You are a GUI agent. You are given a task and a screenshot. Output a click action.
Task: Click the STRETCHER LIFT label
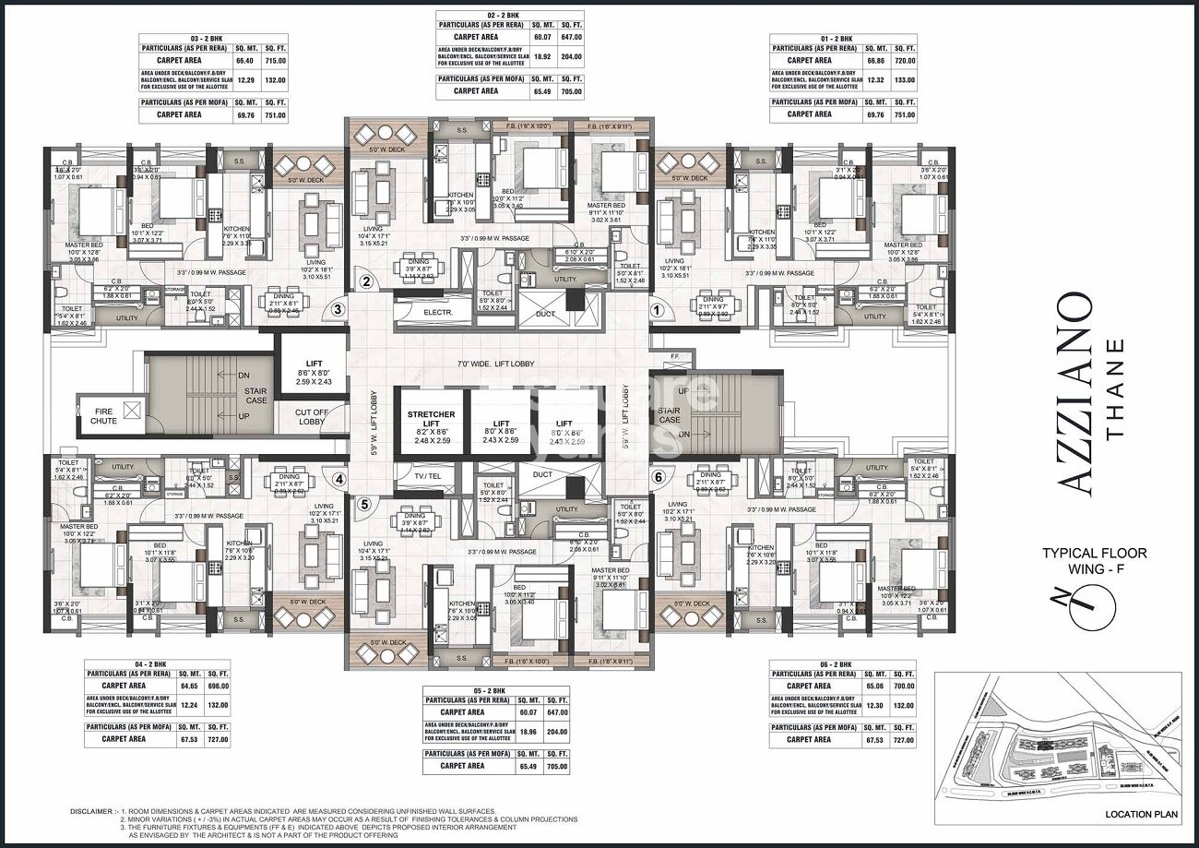tap(432, 415)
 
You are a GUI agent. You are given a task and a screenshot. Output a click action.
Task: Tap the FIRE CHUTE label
tap(103, 415)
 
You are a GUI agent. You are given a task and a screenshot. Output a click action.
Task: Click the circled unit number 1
tap(657, 311)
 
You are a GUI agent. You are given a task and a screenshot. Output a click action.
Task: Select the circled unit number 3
tap(338, 311)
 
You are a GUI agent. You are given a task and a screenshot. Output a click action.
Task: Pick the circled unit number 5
tap(364, 504)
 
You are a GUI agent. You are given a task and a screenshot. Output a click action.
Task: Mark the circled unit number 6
tap(657, 477)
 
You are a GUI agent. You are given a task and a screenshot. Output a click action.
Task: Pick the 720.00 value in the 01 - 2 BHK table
tap(905, 60)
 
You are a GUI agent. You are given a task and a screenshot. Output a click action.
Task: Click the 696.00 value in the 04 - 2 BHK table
tap(219, 686)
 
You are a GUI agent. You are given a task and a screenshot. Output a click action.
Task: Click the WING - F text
tap(1094, 568)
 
